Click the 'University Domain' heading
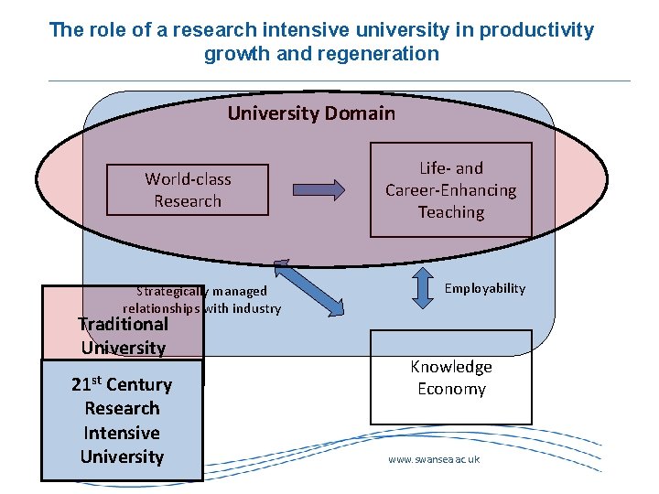click(x=311, y=113)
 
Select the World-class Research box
click(x=188, y=190)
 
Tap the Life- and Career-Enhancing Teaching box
click(x=450, y=190)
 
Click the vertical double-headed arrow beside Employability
click(x=423, y=288)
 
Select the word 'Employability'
click(x=485, y=288)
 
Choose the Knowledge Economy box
click(x=450, y=377)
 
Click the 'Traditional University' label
click(x=124, y=335)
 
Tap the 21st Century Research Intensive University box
click(x=122, y=421)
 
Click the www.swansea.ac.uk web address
click(x=434, y=459)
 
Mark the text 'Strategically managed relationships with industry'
click(x=201, y=300)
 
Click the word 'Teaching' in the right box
click(x=450, y=212)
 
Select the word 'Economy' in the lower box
click(x=450, y=389)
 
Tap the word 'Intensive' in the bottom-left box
click(x=122, y=433)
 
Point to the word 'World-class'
click(x=188, y=179)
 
